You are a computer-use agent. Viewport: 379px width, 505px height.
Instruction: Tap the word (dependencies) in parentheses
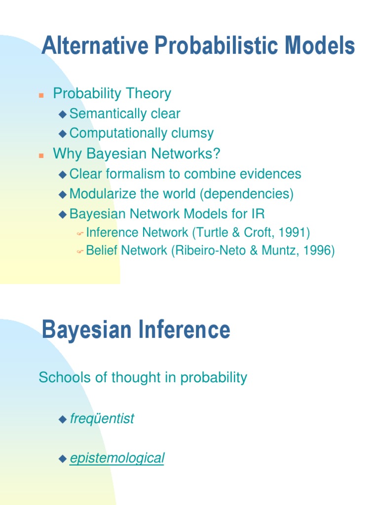pos(247,194)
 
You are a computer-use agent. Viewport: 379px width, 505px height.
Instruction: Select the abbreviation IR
pos(258,214)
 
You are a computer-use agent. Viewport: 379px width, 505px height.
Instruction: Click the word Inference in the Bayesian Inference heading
pos(192,329)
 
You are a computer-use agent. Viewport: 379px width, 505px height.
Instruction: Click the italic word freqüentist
pos(102,419)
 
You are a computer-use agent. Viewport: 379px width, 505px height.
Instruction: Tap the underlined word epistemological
pos(117,458)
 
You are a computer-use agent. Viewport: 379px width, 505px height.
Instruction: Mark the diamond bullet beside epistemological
pos(62,459)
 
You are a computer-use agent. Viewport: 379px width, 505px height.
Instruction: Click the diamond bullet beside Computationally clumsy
pos(62,134)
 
